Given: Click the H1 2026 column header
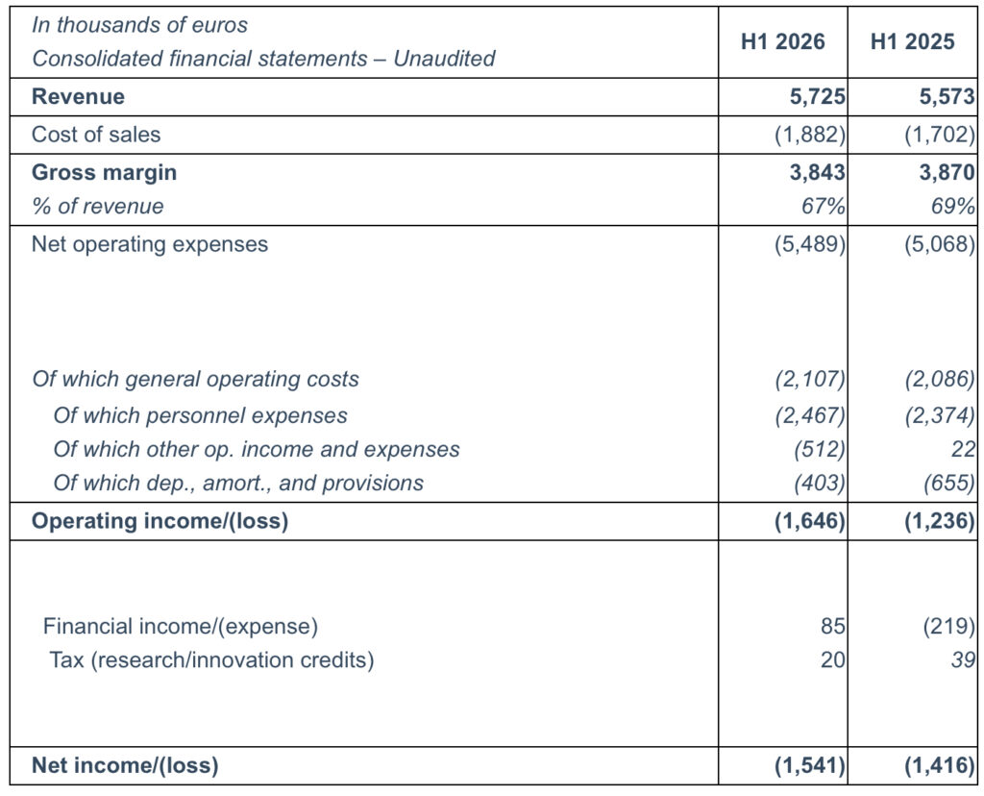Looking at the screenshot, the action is [782, 41].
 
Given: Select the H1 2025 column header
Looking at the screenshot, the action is [913, 41].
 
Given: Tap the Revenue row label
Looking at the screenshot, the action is [78, 97].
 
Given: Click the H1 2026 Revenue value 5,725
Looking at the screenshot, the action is [817, 97].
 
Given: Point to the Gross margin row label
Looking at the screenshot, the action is [104, 173].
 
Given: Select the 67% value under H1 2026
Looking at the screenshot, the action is [824, 206].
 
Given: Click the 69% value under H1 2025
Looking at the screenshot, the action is [953, 206].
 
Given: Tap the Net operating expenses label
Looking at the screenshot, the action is [150, 244].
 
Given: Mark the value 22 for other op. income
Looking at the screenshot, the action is [963, 450].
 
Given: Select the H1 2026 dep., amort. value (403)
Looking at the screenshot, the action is [820, 483].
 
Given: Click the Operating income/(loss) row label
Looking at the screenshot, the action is [160, 521].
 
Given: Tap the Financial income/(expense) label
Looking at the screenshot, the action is [181, 627].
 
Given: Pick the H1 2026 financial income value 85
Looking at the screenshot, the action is [833, 627].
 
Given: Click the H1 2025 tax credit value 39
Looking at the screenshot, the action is [963, 659].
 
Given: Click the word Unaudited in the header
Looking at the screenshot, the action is [444, 59].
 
